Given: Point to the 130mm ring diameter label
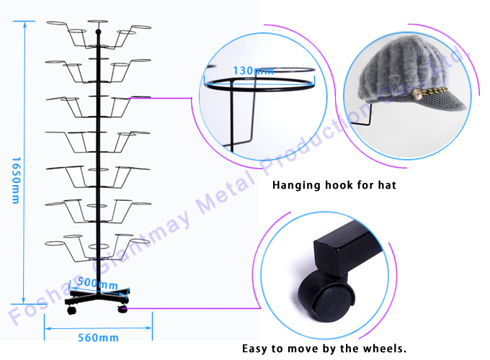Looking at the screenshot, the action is point(253,71).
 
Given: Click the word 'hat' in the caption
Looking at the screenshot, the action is point(386,186).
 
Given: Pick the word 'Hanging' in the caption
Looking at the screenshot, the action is point(298,186).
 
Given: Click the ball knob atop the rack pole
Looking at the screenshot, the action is point(97,32).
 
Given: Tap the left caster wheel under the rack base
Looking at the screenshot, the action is point(71,311).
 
